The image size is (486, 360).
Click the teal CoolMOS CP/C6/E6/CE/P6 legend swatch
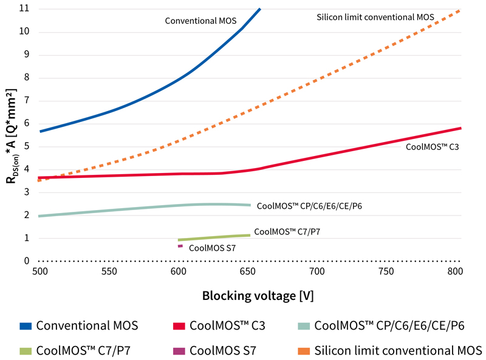[x=302, y=325]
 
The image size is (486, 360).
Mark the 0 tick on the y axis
[x=26, y=261]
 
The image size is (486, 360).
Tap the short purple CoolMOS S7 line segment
[x=180, y=246]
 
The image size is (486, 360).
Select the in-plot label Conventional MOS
[x=200, y=21]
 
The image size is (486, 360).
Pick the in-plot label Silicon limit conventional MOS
[x=375, y=18]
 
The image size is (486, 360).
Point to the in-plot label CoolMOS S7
[x=212, y=248]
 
